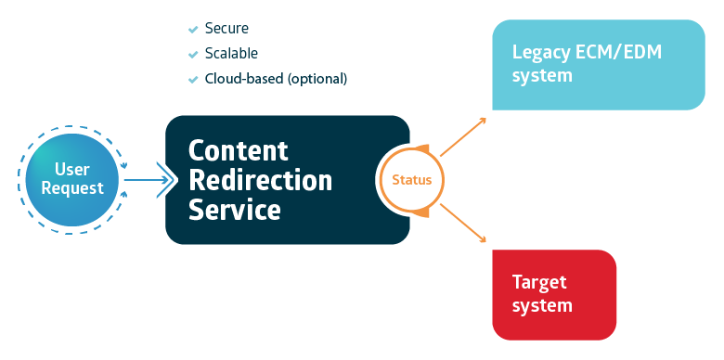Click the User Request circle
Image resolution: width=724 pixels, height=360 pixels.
tap(72, 179)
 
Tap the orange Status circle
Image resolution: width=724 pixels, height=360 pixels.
tap(411, 180)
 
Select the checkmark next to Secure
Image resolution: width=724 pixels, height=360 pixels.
tap(193, 29)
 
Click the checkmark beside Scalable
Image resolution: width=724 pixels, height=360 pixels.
tap(193, 54)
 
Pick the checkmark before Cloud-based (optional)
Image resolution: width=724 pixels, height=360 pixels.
tap(193, 79)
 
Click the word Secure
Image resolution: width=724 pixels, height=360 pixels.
tap(226, 29)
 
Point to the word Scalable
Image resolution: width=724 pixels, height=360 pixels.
tap(231, 54)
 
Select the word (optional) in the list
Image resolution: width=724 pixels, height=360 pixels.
tap(317, 79)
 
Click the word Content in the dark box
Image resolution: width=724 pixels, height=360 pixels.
tap(239, 150)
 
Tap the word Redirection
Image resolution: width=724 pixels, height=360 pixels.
tap(260, 180)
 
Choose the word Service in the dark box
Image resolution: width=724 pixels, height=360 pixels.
tap(235, 210)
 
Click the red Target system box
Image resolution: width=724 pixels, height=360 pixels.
tap(553, 294)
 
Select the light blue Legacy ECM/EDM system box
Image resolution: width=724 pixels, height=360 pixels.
tap(598, 64)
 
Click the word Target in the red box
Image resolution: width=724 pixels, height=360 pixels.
tap(539, 282)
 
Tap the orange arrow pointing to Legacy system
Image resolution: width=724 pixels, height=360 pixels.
tap(463, 136)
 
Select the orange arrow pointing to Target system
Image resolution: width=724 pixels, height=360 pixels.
tap(463, 223)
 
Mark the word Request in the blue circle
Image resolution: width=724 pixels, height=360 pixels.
tap(72, 189)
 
